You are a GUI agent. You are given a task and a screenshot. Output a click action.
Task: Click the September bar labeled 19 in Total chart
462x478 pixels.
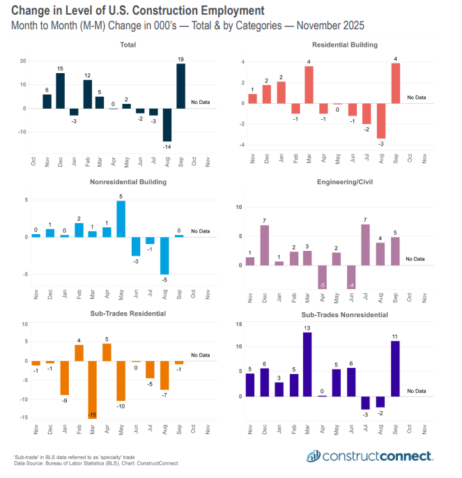[x=181, y=86]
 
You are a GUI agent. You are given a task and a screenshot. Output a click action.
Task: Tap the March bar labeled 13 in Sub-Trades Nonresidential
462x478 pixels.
[x=307, y=364]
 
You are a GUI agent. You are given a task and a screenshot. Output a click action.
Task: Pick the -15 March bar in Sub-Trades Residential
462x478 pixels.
[x=91, y=389]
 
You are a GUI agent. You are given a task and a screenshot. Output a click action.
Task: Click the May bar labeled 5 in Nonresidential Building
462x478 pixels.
[x=121, y=219]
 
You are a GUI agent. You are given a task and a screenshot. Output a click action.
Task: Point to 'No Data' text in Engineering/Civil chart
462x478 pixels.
[x=415, y=259]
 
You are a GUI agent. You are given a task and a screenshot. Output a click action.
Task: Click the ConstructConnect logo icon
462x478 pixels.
[x=315, y=456]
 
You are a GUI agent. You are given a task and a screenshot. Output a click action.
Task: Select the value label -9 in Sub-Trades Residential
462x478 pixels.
[x=63, y=400]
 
